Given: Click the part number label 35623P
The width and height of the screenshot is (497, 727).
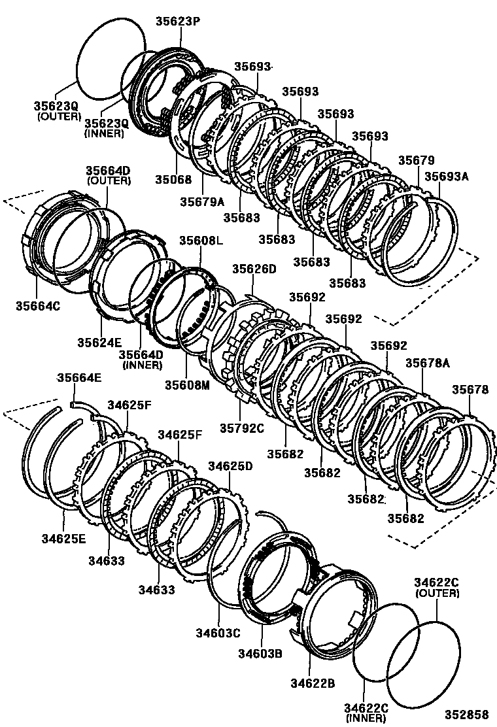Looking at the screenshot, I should click(177, 21).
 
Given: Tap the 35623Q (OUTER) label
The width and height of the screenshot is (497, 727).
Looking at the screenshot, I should click(57, 110).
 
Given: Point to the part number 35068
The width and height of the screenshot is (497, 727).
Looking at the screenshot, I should click(175, 178).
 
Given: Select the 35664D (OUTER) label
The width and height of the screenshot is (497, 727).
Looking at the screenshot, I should click(108, 175).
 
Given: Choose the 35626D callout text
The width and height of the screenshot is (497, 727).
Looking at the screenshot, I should click(254, 269).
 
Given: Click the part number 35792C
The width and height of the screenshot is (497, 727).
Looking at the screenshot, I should click(241, 429).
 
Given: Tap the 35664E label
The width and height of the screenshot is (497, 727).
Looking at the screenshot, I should click(79, 378).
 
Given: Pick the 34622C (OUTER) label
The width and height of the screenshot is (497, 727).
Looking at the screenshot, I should click(437, 588).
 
